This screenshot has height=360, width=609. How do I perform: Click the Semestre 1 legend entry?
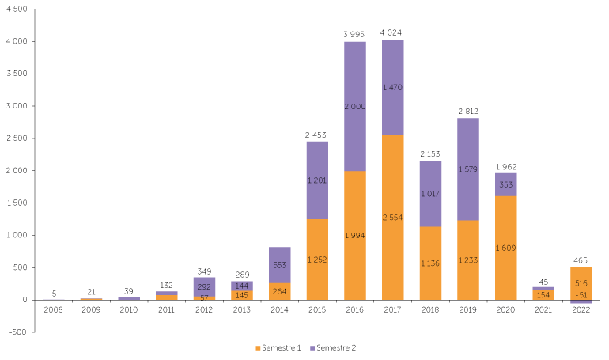(278, 348)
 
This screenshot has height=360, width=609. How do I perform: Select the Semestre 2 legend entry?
(333, 348)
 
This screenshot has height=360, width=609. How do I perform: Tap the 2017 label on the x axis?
(392, 310)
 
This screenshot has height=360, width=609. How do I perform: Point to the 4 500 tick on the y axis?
(17, 9)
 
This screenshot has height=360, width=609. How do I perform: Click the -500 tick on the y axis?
(17, 332)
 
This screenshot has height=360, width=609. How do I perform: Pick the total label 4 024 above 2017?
(391, 32)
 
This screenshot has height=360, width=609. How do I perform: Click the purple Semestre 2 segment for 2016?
(355, 106)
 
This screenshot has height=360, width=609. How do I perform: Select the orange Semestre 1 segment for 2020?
(505, 248)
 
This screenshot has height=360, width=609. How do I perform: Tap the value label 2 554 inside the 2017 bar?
(392, 218)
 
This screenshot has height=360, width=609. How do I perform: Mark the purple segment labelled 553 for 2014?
(280, 265)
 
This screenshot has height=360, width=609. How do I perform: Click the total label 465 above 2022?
(581, 260)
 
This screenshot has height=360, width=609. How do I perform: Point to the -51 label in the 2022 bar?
(581, 295)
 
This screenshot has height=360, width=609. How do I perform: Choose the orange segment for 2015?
(317, 260)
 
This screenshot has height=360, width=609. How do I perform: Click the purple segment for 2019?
(468, 169)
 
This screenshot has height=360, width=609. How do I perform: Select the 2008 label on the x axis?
(54, 310)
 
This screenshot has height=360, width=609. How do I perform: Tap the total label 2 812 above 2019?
(468, 112)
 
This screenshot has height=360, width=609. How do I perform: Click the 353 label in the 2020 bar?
(505, 184)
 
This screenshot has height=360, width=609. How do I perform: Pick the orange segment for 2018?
(430, 263)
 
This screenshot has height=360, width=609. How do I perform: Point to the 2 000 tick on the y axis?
(17, 170)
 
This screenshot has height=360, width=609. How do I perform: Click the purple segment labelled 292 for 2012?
(204, 287)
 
